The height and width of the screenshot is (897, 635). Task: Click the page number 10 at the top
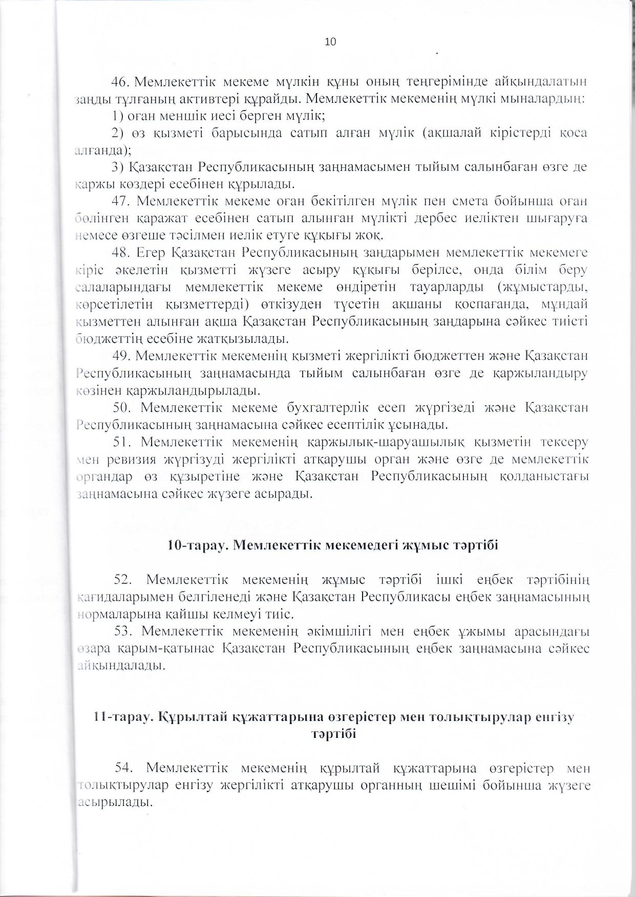tap(330, 42)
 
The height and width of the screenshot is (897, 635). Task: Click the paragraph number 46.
tap(120, 81)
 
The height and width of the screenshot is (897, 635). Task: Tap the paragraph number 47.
tap(120, 200)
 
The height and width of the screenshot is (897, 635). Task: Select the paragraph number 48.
tap(120, 253)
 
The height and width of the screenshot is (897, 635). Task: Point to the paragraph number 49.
tap(120, 356)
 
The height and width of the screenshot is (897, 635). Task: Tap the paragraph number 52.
tap(123, 579)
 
